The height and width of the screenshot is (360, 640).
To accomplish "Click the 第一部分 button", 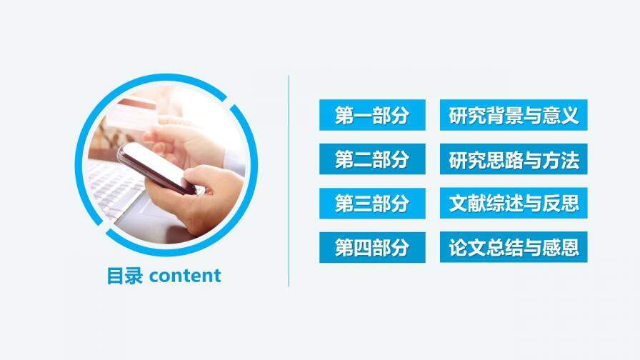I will pyautogui.click(x=372, y=116).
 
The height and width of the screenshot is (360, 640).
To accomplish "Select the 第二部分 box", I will pyautogui.click(x=372, y=160).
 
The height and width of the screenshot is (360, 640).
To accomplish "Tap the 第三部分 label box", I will pyautogui.click(x=372, y=204).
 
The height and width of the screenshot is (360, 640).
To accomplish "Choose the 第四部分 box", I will pyautogui.click(x=372, y=248).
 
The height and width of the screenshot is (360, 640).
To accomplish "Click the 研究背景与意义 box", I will pyautogui.click(x=513, y=116).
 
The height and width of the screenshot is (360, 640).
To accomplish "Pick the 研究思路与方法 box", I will pyautogui.click(x=513, y=160).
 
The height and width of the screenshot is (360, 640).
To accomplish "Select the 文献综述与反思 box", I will pyautogui.click(x=513, y=204).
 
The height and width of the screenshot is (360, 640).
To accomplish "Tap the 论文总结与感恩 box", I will pyautogui.click(x=513, y=248).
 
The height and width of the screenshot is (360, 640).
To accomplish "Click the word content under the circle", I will pyautogui.click(x=186, y=276).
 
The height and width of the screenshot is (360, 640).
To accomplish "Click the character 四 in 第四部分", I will pyautogui.click(x=362, y=248).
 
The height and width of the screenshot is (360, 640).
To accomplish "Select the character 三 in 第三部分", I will pyautogui.click(x=362, y=204).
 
